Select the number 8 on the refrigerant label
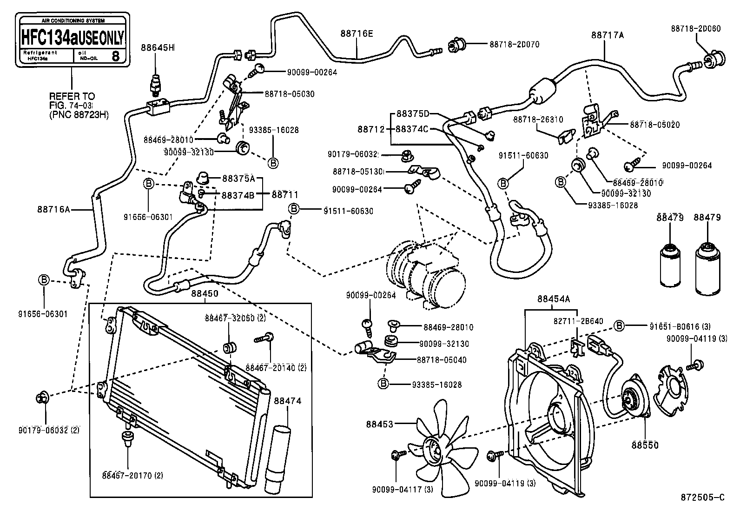point(115,56)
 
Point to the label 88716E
point(357,33)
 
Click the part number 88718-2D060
point(695,28)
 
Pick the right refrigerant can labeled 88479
point(707,269)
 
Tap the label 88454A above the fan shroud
point(553,299)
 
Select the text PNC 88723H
point(79,115)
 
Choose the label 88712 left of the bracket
point(371,129)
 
